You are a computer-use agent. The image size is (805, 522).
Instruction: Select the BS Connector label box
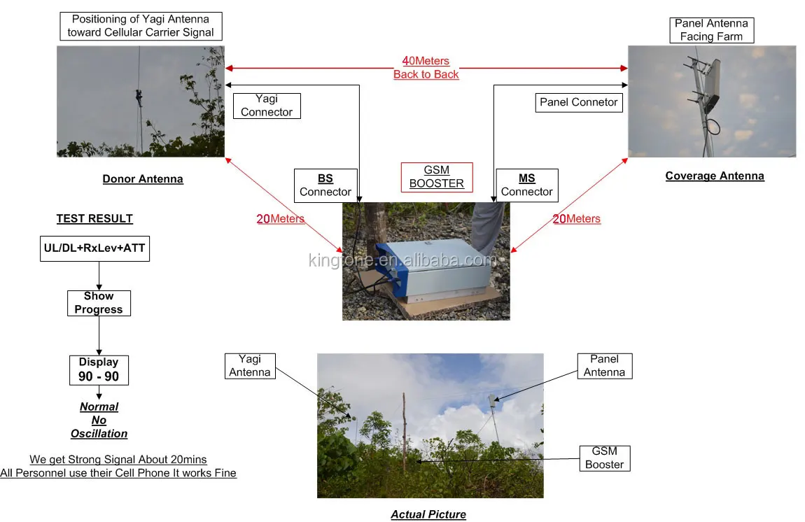coord(325,185)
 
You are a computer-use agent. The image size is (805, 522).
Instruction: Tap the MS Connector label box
coord(526,185)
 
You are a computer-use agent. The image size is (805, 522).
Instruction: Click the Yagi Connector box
coord(267,106)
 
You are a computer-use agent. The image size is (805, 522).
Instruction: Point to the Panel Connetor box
coord(578,102)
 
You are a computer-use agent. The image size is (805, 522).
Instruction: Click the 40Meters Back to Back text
coord(426,68)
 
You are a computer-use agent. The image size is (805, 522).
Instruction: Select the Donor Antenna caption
coord(143,179)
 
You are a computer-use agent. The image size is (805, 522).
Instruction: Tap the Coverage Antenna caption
coord(715,176)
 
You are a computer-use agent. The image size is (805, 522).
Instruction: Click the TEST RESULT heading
coord(94,219)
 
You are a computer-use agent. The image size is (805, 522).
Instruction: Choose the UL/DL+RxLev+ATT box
coord(94,248)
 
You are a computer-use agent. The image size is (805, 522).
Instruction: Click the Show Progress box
coord(99,303)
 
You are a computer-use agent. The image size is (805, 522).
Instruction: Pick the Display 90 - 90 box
coord(99,369)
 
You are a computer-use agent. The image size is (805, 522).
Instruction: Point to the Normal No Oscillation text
coord(99,420)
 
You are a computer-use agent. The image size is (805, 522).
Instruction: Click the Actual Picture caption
coord(428,515)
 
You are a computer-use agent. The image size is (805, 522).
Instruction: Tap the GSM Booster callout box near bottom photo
coord(604,458)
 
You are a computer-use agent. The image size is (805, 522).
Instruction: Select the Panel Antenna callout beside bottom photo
coord(604,366)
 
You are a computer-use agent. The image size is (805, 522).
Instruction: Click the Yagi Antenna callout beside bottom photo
coord(250,366)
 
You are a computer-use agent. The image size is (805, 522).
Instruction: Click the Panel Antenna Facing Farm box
coord(711,30)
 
